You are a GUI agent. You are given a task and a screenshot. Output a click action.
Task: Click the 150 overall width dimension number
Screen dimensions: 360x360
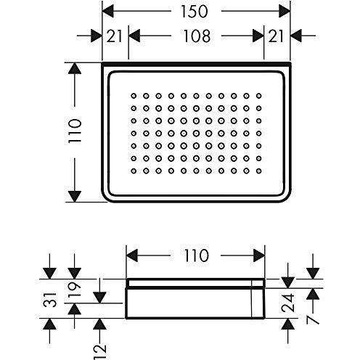pyautogui.click(x=195, y=12)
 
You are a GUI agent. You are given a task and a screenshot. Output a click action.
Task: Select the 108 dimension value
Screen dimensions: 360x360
pyautogui.click(x=197, y=36)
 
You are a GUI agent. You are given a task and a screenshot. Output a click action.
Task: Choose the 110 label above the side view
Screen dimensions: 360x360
pyautogui.click(x=196, y=255)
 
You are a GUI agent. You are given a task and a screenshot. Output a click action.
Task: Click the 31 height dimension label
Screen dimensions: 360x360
pyautogui.click(x=50, y=300)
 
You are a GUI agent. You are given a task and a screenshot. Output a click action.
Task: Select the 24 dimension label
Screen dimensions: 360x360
pyautogui.click(x=288, y=303)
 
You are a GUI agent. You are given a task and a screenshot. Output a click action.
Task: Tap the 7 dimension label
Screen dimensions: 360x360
pyautogui.click(x=313, y=320)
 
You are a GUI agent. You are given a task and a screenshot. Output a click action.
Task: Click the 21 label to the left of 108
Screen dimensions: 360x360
pyautogui.click(x=114, y=36)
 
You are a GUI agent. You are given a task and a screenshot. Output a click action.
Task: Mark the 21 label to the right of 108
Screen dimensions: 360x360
pyautogui.click(x=276, y=36)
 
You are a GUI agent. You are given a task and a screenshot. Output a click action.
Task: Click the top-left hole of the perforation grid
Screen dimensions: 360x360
pyautogui.click(x=134, y=96)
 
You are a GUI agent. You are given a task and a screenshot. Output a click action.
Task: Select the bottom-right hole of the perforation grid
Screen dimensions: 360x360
pyautogui.click(x=258, y=171)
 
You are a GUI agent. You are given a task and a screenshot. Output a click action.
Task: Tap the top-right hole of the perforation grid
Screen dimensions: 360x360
pyautogui.click(x=258, y=96)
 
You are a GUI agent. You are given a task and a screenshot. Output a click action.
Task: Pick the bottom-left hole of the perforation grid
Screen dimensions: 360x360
pyautogui.click(x=134, y=171)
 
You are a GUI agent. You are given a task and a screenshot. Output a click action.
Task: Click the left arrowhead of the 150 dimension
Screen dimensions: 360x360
pyautogui.click(x=107, y=11)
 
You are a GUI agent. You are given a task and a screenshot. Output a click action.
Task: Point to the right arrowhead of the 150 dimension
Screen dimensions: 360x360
pyautogui.click(x=285, y=11)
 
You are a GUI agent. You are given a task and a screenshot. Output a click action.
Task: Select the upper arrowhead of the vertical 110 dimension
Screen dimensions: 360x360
pyautogui.click(x=75, y=68)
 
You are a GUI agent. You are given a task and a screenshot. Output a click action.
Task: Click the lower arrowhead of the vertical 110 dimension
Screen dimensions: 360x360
pyautogui.click(x=75, y=196)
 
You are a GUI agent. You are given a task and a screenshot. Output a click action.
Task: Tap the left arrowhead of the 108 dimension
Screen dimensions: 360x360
pyautogui.click(x=134, y=36)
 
